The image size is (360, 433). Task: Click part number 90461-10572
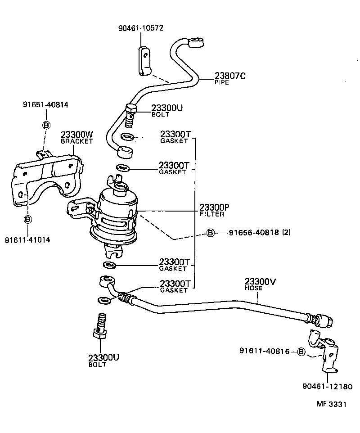pyautogui.click(x=140, y=28)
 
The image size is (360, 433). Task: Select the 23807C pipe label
pyautogui.click(x=229, y=77)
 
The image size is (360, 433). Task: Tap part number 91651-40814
pyautogui.click(x=45, y=105)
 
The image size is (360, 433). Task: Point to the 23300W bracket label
pyautogui.click(x=76, y=135)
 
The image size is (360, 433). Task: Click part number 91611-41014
pyautogui.click(x=27, y=240)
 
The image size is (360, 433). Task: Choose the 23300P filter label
pyautogui.click(x=214, y=207)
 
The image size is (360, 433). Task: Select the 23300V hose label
pyautogui.click(x=260, y=282)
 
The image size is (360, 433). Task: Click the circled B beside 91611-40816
pyautogui.click(x=301, y=352)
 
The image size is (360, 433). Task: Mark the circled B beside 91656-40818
pyautogui.click(x=210, y=233)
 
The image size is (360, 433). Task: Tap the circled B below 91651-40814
pyautogui.click(x=45, y=125)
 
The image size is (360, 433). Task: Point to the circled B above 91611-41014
pyautogui.click(x=27, y=219)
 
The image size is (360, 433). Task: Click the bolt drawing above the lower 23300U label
pyautogui.click(x=100, y=326)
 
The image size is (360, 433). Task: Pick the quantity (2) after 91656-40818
pyautogui.click(x=286, y=233)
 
